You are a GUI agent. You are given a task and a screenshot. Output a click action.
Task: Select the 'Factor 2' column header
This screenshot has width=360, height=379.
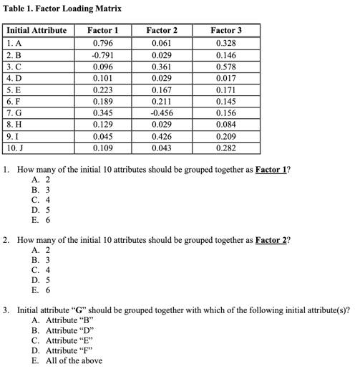point(162,31)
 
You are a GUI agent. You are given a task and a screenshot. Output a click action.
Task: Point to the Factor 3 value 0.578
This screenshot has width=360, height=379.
point(225,67)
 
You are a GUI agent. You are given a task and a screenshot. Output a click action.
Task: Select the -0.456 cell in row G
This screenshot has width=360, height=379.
point(162,113)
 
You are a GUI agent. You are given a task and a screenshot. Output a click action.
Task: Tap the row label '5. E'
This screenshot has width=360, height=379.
point(14,90)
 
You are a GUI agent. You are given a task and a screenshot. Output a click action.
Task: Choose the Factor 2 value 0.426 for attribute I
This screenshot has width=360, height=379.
point(162,136)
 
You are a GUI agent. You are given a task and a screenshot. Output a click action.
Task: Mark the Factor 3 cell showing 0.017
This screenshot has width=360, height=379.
point(225,78)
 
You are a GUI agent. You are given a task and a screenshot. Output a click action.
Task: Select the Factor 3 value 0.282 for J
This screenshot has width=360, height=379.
point(225,148)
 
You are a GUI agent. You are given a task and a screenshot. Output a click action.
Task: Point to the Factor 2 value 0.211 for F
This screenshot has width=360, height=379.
point(162,101)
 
